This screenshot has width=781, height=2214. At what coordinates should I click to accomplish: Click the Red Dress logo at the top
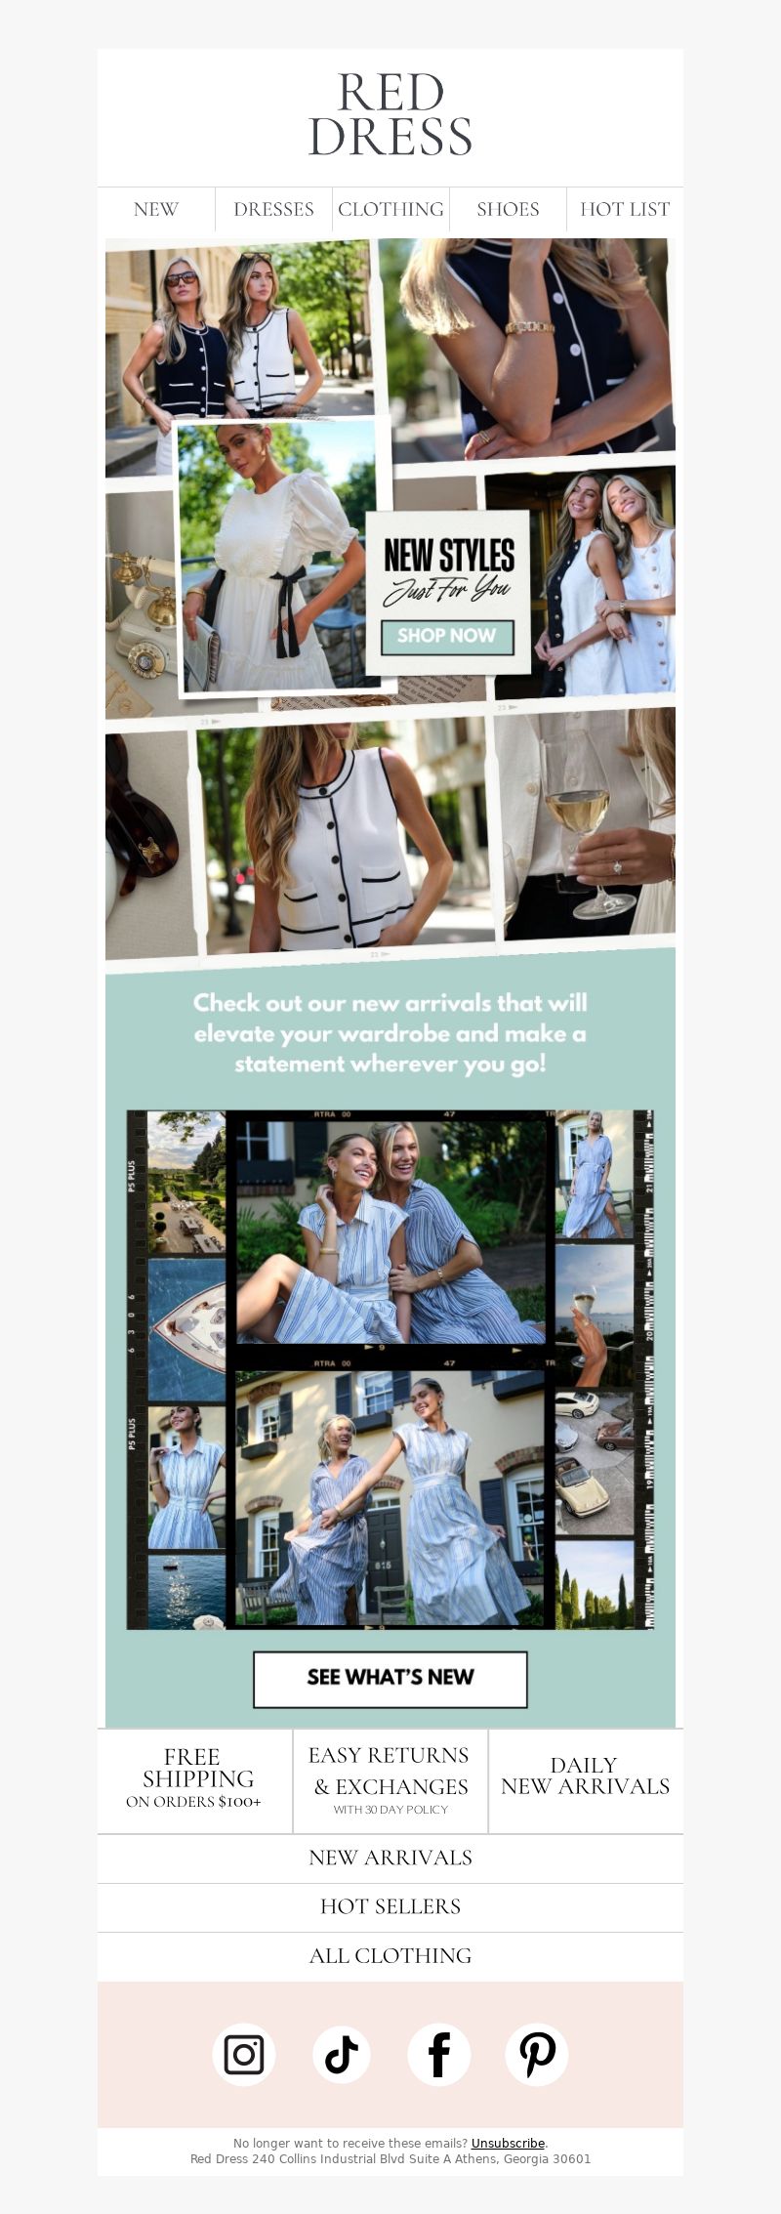pyautogui.click(x=390, y=114)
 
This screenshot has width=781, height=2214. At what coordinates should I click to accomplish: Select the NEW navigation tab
pyautogui.click(x=156, y=209)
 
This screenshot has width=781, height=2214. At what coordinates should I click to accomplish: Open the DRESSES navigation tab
pyautogui.click(x=273, y=209)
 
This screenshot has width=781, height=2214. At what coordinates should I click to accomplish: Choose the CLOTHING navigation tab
pyautogui.click(x=390, y=209)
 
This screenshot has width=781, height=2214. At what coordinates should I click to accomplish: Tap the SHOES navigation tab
pyautogui.click(x=508, y=209)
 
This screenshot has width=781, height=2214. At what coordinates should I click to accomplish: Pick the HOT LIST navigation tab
pyautogui.click(x=625, y=209)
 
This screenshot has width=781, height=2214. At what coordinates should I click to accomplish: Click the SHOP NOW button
pyautogui.click(x=447, y=636)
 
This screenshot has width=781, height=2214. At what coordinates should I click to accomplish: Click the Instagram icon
pyautogui.click(x=244, y=2055)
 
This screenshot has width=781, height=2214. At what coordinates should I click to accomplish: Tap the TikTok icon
pyautogui.click(x=342, y=2055)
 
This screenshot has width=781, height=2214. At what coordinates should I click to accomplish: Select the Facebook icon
pyautogui.click(x=439, y=2055)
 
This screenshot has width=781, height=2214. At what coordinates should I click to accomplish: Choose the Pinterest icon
pyautogui.click(x=537, y=2055)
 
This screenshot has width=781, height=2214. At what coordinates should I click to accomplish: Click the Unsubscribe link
pyautogui.click(x=508, y=2144)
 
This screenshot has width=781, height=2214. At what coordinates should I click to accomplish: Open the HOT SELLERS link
pyautogui.click(x=390, y=1905)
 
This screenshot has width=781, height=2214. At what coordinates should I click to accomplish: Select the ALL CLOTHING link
pyautogui.click(x=390, y=1954)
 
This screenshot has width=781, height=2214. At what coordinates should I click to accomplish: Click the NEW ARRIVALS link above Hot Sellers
pyautogui.click(x=390, y=1857)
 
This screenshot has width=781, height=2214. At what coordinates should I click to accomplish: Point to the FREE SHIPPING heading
pyautogui.click(x=195, y=1768)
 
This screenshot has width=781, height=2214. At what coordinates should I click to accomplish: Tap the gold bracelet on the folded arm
pyautogui.click(x=529, y=328)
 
